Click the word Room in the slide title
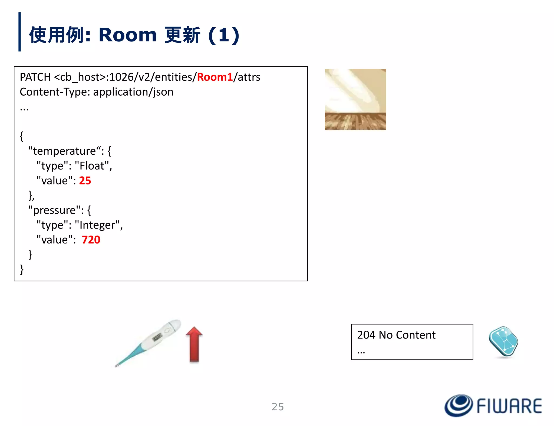pos(127,35)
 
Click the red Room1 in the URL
pos(215,77)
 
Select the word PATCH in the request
pos(35,77)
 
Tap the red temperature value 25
pos(85,181)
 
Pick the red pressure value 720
pos(91,240)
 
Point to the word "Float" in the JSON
pos(92,166)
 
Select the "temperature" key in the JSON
pos(65,151)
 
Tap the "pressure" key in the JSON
pos(54,210)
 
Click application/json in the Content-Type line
pos(133,92)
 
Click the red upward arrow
pos(194,344)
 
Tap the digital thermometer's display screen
pos(157,337)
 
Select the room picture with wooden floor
pos(355,99)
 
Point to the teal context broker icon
pos(503,342)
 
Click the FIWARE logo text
pos(509,406)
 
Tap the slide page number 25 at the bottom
pos(278,407)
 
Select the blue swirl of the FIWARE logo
pos(459,405)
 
